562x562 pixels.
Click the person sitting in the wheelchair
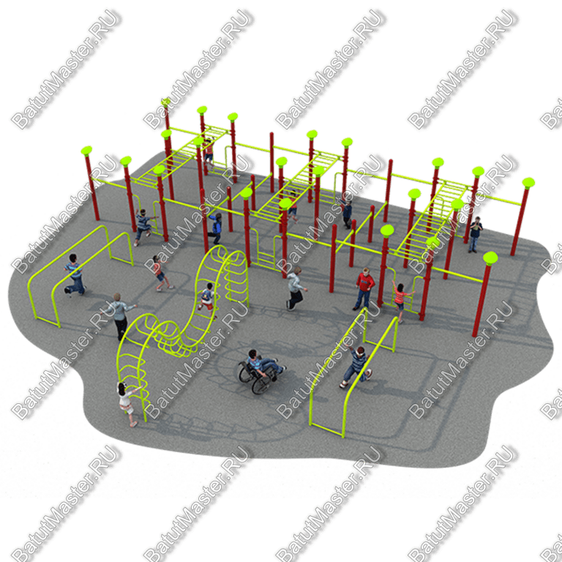264,363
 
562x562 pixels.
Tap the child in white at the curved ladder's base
127,404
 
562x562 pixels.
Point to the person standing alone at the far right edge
475,234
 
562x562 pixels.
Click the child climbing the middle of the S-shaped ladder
207,300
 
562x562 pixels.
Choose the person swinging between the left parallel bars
75,275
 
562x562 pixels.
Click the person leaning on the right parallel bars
356,367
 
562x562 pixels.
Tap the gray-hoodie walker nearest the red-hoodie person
296,288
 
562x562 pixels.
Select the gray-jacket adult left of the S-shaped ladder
120,316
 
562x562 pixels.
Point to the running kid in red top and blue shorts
160,273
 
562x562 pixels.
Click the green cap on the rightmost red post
528,183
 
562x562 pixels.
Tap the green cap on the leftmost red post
86,151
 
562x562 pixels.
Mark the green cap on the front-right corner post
490,258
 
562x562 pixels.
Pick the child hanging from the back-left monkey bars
209,152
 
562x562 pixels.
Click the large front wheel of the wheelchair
262,383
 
